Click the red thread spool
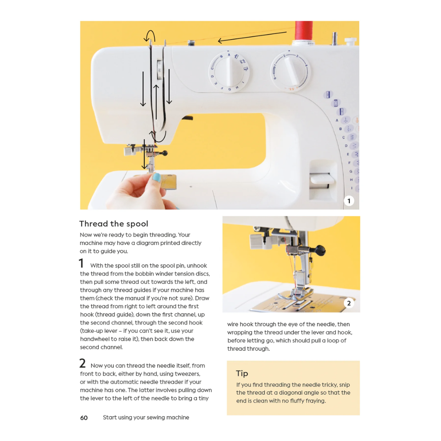point(304,31)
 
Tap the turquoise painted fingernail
point(156,178)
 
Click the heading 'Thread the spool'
point(114,224)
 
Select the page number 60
point(84,418)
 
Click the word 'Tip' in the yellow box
point(242,373)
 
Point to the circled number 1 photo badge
point(349,201)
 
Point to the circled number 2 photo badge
point(349,303)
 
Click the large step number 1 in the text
point(81,263)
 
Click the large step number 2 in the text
point(82,363)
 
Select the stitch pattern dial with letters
point(229,71)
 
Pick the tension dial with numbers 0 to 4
point(290,71)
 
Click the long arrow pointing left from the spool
point(252,37)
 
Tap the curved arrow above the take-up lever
point(149,35)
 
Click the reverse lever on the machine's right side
point(322,179)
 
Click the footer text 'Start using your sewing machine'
point(146,417)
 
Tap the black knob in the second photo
point(320,249)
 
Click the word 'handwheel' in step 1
point(95,339)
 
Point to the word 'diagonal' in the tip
point(292,393)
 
